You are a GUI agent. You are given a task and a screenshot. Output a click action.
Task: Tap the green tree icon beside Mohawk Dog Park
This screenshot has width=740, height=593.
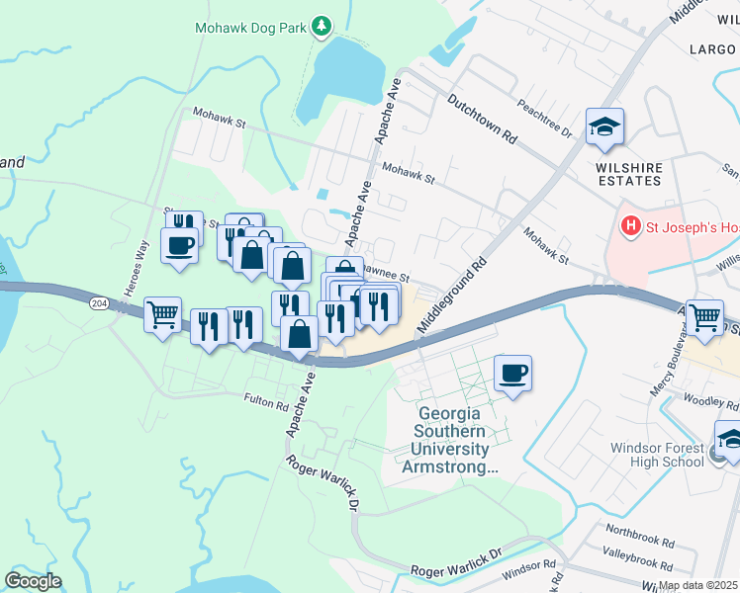coord(321,26)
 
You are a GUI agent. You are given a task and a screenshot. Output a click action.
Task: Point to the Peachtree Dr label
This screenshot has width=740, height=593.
coord(545,115)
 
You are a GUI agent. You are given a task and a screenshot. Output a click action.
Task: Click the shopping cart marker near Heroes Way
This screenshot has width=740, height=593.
coord(163,316)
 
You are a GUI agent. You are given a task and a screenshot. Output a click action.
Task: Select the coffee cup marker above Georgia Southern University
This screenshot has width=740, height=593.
coord(512,374)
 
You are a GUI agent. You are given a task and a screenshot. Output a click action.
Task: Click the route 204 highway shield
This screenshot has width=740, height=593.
coord(99,303)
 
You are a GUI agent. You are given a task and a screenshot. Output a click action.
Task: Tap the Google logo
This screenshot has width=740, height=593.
coord(33,581)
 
